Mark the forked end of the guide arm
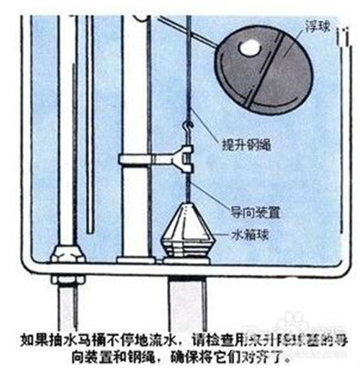coord(186,156)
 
